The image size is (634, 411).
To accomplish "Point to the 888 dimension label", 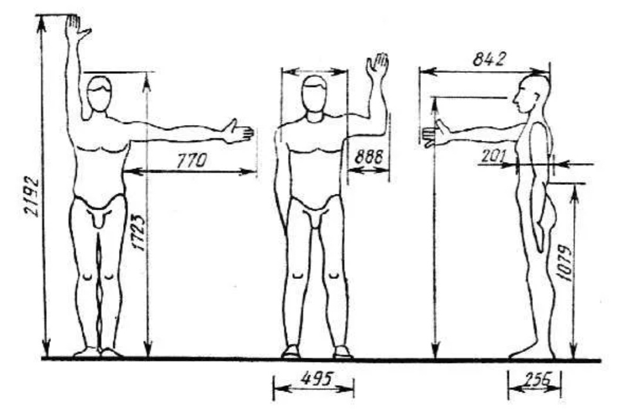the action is [369, 157].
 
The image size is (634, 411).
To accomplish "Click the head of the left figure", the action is [99, 96].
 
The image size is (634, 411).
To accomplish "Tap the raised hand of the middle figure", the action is [377, 66].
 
